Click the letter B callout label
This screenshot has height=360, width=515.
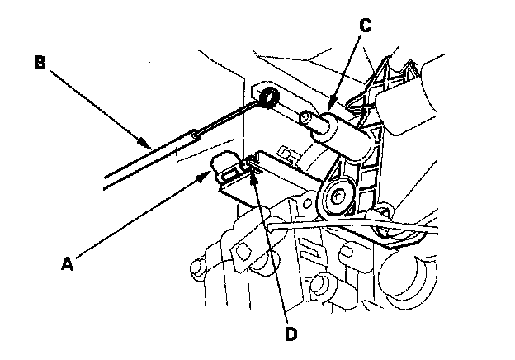click(x=40, y=62)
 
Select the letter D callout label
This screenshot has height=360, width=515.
click(x=289, y=334)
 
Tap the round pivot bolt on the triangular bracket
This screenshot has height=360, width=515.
click(x=339, y=197)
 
